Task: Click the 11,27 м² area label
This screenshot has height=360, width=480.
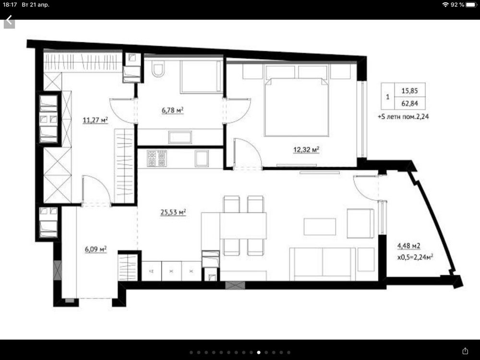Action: [x=95, y=120]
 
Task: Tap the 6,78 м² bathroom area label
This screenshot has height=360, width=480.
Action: [x=173, y=109]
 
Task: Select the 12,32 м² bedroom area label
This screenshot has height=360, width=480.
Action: [x=306, y=150]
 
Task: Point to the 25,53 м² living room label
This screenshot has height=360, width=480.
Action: [x=174, y=212]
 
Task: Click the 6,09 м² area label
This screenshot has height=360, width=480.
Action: [x=96, y=249]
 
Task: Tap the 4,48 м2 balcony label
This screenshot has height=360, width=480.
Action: [x=408, y=245]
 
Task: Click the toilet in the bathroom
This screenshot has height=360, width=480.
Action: [x=158, y=70]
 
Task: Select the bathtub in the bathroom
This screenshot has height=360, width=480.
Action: [x=201, y=76]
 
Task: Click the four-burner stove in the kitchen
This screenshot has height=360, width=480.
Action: [x=157, y=158]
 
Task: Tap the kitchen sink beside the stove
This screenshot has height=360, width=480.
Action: [x=202, y=158]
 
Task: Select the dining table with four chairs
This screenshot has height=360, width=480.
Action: [x=243, y=226]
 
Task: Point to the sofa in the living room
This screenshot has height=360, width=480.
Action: [x=323, y=264]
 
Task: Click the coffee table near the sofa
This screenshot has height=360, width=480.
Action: [x=320, y=227]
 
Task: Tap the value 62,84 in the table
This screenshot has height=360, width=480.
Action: [x=409, y=104]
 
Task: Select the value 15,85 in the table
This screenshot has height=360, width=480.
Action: [x=409, y=91]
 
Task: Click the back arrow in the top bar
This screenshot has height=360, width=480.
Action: [x=9, y=21]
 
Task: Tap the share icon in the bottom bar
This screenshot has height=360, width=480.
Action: [x=465, y=351]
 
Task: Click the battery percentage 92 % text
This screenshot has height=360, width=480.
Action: [x=457, y=5]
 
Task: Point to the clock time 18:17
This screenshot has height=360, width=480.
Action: [x=10, y=5]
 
